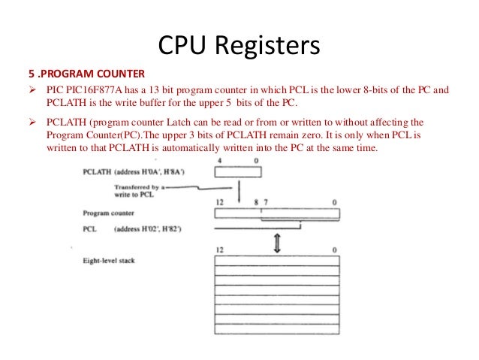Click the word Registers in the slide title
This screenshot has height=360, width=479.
pyautogui.click(x=267, y=46)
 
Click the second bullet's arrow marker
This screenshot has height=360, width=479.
pyautogui.click(x=33, y=121)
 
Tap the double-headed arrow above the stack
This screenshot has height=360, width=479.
pyautogui.click(x=276, y=243)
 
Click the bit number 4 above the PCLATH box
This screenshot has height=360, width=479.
pyautogui.click(x=219, y=160)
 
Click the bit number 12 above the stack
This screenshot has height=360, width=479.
pyautogui.click(x=219, y=249)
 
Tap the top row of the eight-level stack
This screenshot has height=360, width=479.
pyautogui.click(x=276, y=262)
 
